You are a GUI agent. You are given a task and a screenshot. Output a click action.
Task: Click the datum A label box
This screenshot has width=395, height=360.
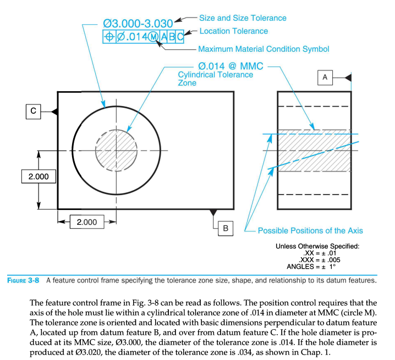(x=325, y=78)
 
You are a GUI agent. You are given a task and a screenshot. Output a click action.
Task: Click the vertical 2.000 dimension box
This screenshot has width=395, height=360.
(x=38, y=177)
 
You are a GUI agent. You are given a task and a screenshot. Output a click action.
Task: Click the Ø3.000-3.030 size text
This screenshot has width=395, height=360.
(x=138, y=24)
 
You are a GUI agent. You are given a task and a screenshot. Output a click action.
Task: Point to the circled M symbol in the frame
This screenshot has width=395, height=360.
(x=153, y=36)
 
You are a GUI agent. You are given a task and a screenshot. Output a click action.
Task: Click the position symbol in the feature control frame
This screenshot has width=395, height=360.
(x=109, y=36)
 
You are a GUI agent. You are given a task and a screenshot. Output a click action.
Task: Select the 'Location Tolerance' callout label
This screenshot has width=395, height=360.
(x=233, y=31)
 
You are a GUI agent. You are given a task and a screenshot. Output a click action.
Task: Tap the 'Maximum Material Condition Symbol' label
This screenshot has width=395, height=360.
(x=264, y=49)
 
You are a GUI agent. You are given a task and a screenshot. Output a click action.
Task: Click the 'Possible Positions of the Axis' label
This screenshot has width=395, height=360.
(x=310, y=230)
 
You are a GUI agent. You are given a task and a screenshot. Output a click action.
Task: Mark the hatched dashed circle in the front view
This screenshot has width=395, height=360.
(x=114, y=150)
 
